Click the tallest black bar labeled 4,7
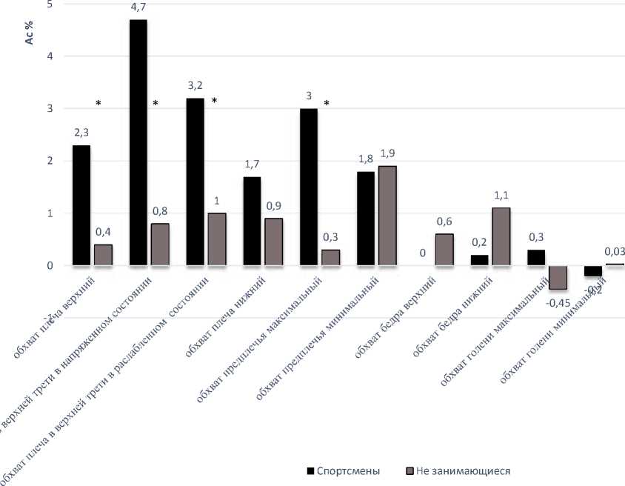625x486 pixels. tap(138, 142)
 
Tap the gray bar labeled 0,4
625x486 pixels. tap(103, 255)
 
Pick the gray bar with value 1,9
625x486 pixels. tap(387, 216)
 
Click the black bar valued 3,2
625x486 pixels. tap(195, 182)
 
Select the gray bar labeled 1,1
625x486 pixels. tap(501, 236)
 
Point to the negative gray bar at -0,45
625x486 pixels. tap(557, 277)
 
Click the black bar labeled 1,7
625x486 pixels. tap(252, 221)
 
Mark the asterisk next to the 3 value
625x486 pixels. tap(325, 104)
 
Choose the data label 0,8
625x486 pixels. tap(160, 211)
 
